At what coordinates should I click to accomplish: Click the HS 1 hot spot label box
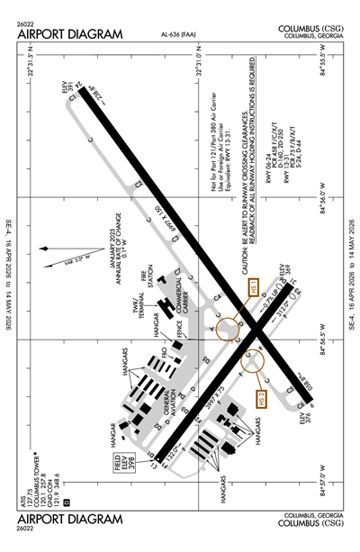pos(254,289)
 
